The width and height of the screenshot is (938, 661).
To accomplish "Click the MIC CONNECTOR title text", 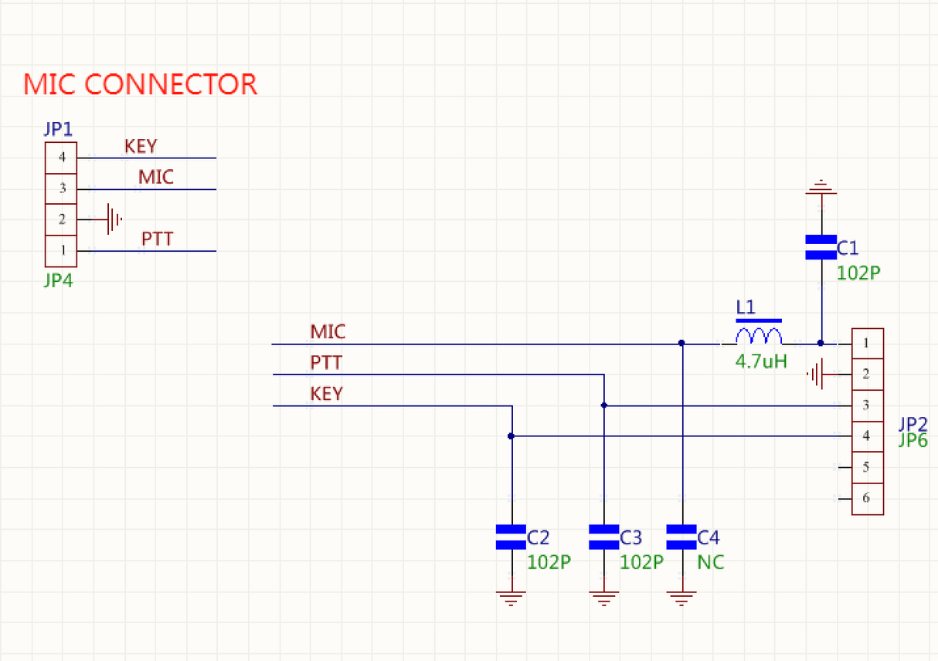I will [140, 84].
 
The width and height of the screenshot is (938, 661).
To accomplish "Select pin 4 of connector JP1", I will [61, 158].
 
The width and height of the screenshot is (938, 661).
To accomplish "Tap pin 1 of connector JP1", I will [61, 250].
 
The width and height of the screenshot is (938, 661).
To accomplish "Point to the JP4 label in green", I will [58, 280].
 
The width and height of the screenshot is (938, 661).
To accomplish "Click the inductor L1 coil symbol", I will [759, 337].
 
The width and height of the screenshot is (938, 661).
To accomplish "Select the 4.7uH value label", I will [761, 360].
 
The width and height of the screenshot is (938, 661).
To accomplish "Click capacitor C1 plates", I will [821, 247].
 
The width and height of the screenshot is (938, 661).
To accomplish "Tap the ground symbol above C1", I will [821, 186].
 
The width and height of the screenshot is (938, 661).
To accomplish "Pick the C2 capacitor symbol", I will [511, 537].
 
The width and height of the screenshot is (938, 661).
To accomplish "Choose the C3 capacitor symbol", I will [603, 537].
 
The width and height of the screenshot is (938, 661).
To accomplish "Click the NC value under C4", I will [711, 562].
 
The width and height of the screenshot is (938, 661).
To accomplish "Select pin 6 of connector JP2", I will [867, 498].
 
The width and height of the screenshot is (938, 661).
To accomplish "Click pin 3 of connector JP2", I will [867, 405].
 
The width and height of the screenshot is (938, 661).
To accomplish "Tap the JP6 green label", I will [913, 440].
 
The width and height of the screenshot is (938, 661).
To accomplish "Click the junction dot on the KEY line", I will [511, 436].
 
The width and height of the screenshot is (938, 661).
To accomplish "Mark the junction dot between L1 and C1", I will [821, 343].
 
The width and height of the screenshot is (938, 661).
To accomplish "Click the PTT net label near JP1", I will [157, 239].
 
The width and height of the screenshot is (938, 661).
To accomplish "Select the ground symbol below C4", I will [681, 598].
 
